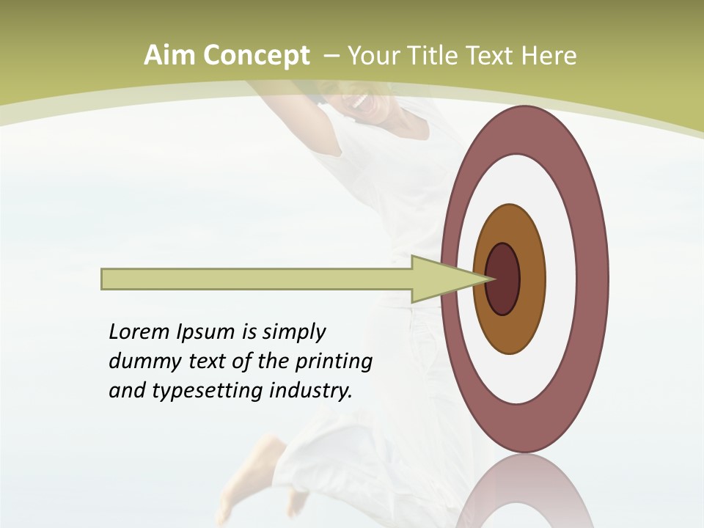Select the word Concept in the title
[257, 56]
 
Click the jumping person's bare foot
[246, 484]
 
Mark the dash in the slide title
[331, 56]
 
